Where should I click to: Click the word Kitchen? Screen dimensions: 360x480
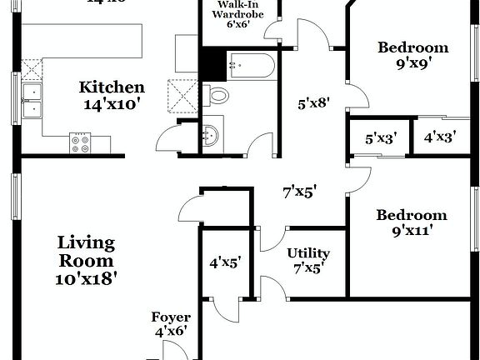112,87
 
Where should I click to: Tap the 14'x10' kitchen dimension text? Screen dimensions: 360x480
112,105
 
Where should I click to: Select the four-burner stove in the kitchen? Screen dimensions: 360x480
81,143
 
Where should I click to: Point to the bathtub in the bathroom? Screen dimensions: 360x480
252,66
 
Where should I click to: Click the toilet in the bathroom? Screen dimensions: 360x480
218,95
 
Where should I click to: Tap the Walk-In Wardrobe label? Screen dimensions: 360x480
237,9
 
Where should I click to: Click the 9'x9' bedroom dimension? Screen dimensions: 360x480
412,64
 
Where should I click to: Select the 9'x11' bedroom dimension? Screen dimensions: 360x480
412,232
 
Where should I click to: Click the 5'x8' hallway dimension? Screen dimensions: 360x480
314,104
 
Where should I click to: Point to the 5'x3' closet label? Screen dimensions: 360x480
380,138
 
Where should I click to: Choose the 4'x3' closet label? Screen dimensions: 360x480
439,138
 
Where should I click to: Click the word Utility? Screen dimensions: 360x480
308,253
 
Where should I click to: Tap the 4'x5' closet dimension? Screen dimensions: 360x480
225,262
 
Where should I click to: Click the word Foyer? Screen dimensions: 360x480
171,317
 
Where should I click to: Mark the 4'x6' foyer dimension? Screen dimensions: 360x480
171,332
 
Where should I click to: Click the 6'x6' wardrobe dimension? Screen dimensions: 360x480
237,25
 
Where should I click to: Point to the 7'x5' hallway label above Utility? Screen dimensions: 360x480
300,192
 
